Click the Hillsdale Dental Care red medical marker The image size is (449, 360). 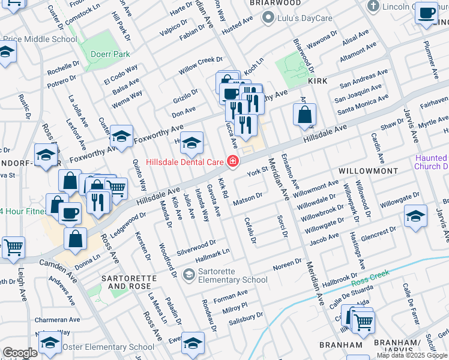pyautogui.click(x=232, y=161)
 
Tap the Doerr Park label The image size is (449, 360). pyautogui.click(x=110, y=54)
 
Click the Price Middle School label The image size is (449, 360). pyautogui.click(x=40, y=40)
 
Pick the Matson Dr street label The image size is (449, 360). pyautogui.click(x=249, y=196)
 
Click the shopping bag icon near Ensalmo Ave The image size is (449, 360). pyautogui.click(x=305, y=114)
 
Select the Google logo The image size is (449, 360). pyautogui.click(x=19, y=353)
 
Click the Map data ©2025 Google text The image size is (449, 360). pyautogui.click(x=411, y=355)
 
